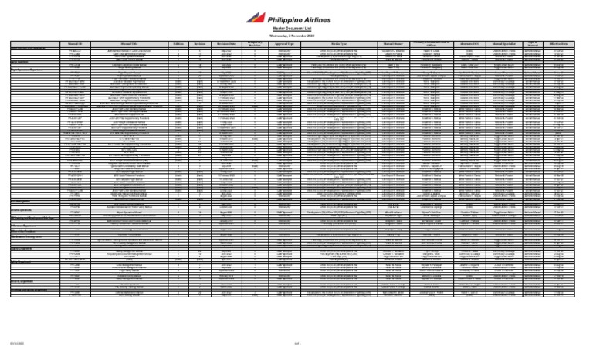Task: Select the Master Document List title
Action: tap(296, 28)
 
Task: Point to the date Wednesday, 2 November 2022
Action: tap(296, 35)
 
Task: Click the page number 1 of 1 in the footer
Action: tap(296, 344)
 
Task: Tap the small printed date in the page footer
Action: tap(14, 344)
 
